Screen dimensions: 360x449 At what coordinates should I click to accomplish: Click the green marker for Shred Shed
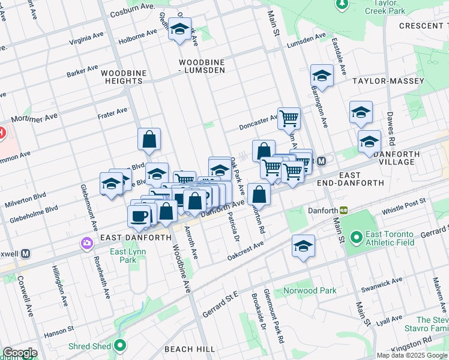pyautogui.click(x=120, y=346)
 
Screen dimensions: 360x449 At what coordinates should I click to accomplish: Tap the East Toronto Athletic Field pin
pyautogui.click(x=355, y=238)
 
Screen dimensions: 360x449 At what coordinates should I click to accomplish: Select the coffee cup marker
pyautogui.click(x=139, y=217)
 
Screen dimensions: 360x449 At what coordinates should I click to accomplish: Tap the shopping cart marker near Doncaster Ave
pyautogui.click(x=289, y=118)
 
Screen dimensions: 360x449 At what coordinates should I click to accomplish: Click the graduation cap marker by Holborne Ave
pyautogui.click(x=179, y=29)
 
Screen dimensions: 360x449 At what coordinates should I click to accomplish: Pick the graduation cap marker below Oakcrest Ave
pyautogui.click(x=303, y=246)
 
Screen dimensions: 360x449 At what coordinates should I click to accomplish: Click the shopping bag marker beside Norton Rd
pyautogui.click(x=259, y=195)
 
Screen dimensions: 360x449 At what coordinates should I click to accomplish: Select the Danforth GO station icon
pyautogui.click(x=344, y=211)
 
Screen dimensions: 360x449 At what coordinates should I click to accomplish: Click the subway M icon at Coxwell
pyautogui.click(x=25, y=253)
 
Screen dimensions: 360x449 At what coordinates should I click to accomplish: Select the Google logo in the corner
pyautogui.click(x=19, y=353)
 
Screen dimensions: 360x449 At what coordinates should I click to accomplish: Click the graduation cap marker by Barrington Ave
pyautogui.click(x=322, y=76)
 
